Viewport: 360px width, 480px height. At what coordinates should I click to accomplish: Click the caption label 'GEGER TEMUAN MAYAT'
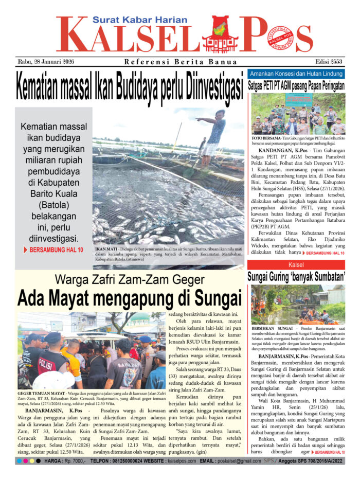(41, 393)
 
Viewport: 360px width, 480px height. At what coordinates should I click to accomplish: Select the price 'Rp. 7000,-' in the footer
(75, 462)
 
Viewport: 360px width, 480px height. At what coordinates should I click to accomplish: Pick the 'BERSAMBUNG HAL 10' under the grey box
(53, 250)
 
